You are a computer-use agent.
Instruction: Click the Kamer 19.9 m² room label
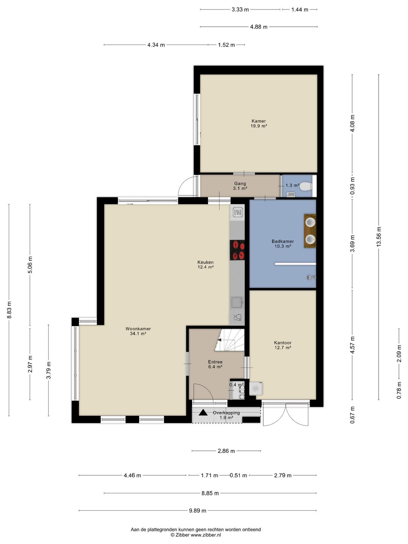(259, 124)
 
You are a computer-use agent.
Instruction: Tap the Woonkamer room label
(138, 331)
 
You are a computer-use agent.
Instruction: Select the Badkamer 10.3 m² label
(283, 244)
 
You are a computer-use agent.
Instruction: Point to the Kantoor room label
(283, 345)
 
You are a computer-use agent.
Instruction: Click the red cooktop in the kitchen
(237, 250)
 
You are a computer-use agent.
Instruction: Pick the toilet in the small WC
(306, 186)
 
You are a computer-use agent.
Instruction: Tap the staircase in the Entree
(230, 340)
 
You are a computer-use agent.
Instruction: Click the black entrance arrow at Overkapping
(203, 413)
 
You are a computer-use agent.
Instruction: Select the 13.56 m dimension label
(379, 237)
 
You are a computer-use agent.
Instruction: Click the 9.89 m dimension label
(198, 510)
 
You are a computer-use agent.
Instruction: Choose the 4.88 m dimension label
(259, 27)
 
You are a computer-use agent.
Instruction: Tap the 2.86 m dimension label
(226, 451)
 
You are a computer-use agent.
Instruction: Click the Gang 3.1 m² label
(240, 186)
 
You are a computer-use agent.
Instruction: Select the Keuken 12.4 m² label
(206, 264)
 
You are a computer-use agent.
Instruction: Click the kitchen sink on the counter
(237, 302)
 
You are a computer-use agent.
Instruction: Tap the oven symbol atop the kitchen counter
(238, 212)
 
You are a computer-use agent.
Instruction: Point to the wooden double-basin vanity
(310, 231)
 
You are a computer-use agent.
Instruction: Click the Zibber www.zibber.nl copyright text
(196, 535)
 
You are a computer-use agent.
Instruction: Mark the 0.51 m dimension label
(238, 475)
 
